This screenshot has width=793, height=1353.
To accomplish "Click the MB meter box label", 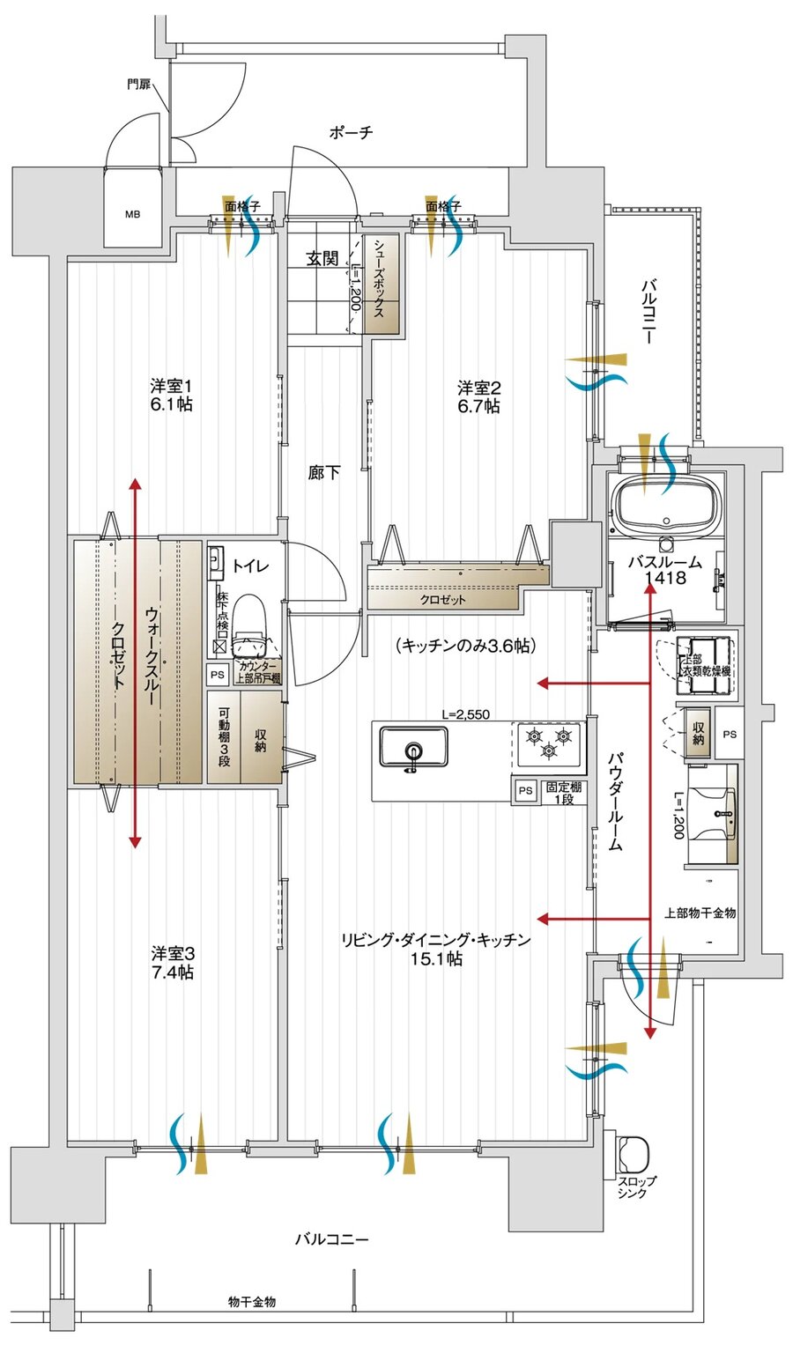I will pos(132,214).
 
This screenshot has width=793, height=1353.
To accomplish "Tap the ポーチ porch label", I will pos(351,133).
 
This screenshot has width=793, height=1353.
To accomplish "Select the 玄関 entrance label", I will pos(322,258).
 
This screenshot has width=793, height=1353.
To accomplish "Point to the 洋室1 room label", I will pos(171,387).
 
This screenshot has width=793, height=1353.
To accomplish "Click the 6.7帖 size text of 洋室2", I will pos(478,406).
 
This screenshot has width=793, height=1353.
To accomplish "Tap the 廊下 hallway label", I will pos(324,473).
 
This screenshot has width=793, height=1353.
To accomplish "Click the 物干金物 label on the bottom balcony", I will pos(251,1301).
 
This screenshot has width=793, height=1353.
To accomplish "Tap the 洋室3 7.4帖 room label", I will pos(172,963).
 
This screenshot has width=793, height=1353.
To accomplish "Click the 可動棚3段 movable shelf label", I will pos(224,736).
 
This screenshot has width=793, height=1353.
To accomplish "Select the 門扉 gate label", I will pos(137,85).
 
